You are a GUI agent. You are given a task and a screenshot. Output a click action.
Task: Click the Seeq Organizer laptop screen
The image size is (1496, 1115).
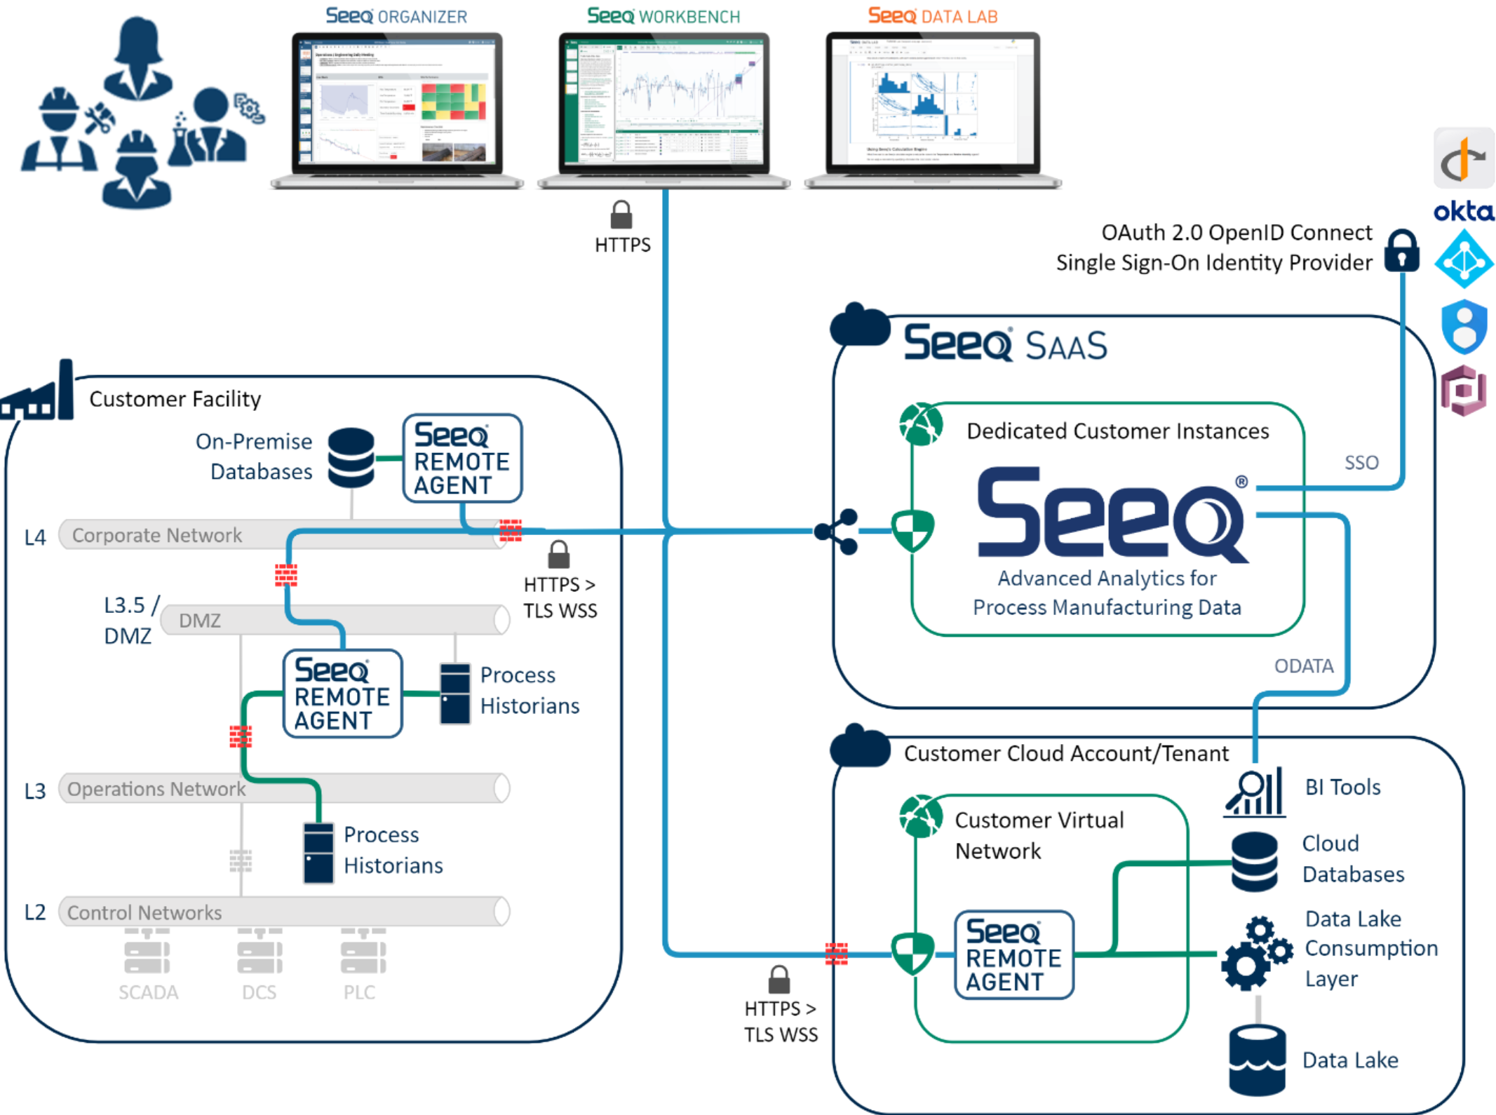pos(397,101)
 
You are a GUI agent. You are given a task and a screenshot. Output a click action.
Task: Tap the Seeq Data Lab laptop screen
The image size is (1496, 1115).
pos(932,101)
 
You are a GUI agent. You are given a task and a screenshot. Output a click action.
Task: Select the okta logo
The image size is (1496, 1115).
pos(1463,210)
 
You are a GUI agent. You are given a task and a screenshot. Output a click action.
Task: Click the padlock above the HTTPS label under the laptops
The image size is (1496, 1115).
pos(621,215)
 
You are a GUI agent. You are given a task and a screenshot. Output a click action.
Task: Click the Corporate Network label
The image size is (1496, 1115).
pos(157,535)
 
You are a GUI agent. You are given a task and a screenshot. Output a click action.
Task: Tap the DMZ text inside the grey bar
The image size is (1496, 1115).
pos(200,621)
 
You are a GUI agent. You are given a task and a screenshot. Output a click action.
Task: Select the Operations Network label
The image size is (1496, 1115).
pos(156,789)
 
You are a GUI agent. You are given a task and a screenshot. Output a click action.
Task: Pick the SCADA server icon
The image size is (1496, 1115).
pos(147,952)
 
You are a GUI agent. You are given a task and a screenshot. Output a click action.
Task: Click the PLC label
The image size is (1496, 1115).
pos(360,992)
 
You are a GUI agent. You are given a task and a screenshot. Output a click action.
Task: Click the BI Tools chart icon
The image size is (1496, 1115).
pos(1255,792)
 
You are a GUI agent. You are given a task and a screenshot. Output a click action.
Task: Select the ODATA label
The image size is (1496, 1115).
pos(1304,665)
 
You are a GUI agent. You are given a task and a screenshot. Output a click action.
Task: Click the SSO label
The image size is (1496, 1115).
pos(1361,463)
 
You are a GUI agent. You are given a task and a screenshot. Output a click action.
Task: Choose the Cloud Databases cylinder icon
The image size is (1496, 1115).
pos(1255,861)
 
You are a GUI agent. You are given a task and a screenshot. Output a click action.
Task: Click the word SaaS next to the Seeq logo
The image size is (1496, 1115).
pos(1066,346)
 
